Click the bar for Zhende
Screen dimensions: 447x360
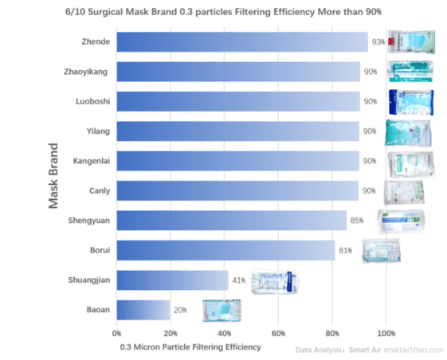point(242,42)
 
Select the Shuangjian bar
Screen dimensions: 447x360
point(172,280)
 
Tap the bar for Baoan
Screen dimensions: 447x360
point(143,310)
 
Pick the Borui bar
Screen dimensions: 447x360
point(225,250)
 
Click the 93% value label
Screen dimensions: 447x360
point(378,42)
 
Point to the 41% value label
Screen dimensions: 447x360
point(238,280)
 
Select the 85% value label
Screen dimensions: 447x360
point(357,221)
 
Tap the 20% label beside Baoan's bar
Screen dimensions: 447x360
point(180,310)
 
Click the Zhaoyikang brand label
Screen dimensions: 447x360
point(86,72)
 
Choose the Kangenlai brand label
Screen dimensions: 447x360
point(92,161)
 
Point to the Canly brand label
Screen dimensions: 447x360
point(100,190)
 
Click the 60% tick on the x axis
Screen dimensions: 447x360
point(278,334)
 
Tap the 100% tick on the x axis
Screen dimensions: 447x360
point(386,334)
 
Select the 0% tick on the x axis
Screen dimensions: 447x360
point(116,334)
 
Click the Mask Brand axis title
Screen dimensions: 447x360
point(53,176)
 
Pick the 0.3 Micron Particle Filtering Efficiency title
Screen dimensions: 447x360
point(190,347)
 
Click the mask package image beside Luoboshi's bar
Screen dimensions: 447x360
point(411,102)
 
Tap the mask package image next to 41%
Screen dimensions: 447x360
point(275,282)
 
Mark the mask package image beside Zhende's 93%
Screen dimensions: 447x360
point(412,42)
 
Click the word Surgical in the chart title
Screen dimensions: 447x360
point(105,12)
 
